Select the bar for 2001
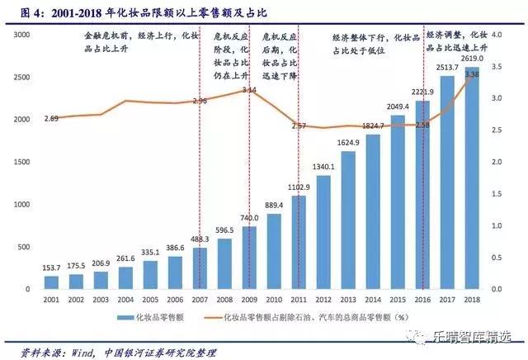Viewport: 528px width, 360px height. point(51,282)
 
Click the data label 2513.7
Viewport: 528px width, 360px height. point(448,68)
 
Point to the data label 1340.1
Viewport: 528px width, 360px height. point(324,166)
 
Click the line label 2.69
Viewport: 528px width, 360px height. point(51,120)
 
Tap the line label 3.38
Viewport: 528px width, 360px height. point(473,74)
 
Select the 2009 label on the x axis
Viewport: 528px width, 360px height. point(250,301)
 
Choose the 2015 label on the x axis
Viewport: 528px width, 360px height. point(398,301)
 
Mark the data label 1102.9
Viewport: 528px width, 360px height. point(299,187)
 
